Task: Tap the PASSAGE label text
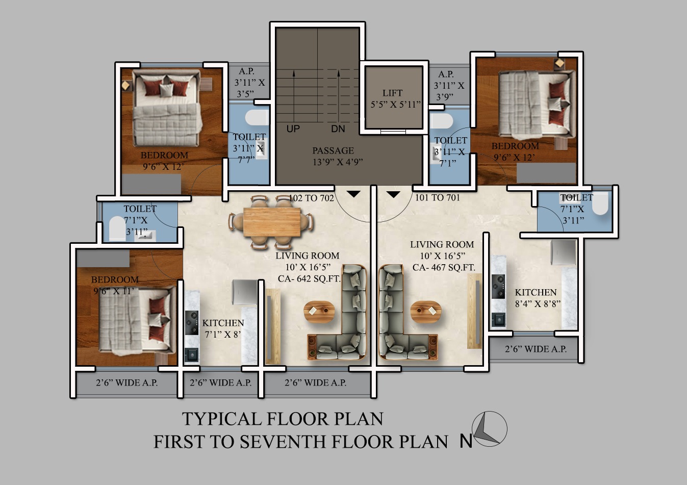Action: (x=333, y=150)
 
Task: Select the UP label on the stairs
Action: (x=293, y=129)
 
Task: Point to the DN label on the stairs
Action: (x=338, y=129)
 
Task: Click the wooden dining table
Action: (x=272, y=222)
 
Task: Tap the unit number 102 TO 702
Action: (x=312, y=198)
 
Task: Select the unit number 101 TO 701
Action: (x=438, y=197)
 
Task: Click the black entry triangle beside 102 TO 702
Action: (x=353, y=194)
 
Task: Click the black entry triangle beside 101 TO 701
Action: (x=393, y=194)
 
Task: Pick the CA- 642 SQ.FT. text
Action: (x=309, y=279)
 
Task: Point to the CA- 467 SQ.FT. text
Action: (x=444, y=268)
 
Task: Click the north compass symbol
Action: (x=489, y=429)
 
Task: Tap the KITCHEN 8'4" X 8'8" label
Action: (x=538, y=298)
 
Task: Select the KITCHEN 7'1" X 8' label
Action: (x=223, y=328)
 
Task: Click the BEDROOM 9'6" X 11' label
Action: (x=115, y=285)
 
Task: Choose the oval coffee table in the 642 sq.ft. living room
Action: (x=319, y=312)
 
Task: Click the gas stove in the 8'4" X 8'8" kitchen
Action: (x=498, y=287)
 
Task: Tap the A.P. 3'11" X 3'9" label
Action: (x=449, y=86)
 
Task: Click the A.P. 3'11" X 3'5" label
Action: (x=249, y=83)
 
